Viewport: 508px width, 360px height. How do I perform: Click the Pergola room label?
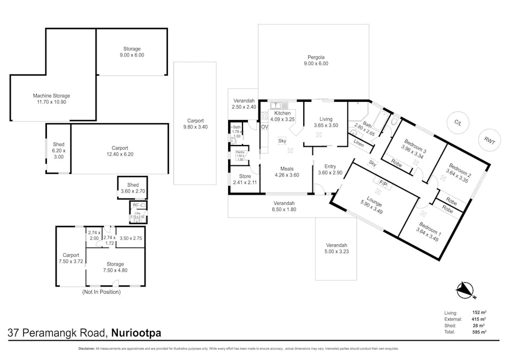point(316,57)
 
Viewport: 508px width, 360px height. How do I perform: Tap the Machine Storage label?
point(52,96)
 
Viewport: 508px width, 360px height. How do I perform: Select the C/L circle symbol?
point(457,122)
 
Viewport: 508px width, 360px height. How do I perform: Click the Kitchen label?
point(282,113)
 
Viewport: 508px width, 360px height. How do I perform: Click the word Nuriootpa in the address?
point(136,333)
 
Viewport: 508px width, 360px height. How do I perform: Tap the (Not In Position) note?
point(101,292)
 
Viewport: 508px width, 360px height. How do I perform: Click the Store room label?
point(245,176)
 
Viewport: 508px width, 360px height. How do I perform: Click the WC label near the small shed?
point(135,205)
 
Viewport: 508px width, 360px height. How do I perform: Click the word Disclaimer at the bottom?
point(86,349)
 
